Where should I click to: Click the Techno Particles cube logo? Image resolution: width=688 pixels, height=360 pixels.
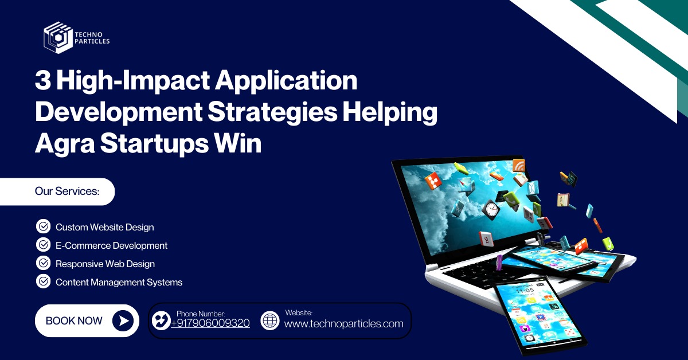(x=58, y=37)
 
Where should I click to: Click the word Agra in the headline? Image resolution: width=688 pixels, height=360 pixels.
(x=65, y=144)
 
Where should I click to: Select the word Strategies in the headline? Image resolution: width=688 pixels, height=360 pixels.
(x=272, y=112)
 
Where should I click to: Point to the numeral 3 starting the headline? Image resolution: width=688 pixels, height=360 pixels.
(x=42, y=80)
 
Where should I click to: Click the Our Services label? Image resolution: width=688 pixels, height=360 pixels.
(x=67, y=191)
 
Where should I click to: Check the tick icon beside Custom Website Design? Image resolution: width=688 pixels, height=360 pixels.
(x=44, y=226)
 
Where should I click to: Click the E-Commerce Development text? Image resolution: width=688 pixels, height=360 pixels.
(x=111, y=245)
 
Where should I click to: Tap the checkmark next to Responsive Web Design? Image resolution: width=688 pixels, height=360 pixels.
(x=44, y=263)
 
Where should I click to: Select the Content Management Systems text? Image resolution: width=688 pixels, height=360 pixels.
(x=119, y=282)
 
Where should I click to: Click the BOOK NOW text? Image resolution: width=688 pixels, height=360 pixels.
(x=74, y=320)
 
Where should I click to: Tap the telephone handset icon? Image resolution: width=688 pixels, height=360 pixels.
(x=161, y=320)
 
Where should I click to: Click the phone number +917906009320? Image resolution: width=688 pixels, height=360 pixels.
(x=210, y=323)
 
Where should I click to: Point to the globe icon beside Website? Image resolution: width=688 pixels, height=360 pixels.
(x=270, y=320)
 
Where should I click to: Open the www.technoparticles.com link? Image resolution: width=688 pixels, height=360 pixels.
(x=343, y=323)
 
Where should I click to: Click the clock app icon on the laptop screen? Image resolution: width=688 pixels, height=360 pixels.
(x=491, y=210)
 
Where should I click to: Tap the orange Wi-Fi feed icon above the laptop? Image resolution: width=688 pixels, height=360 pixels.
(x=519, y=166)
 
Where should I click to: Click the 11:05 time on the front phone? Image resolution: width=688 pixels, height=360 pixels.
(x=525, y=290)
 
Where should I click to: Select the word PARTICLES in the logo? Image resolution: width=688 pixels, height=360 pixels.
(x=92, y=41)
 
